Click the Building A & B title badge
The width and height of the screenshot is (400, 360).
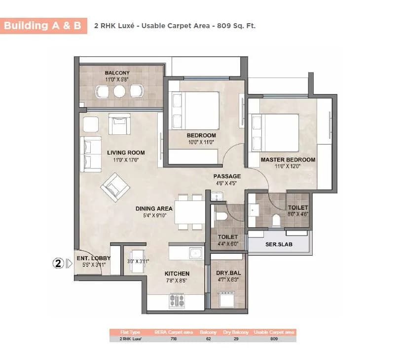(43, 26)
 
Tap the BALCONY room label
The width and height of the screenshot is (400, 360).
(117, 73)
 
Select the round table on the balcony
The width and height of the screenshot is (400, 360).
(119, 91)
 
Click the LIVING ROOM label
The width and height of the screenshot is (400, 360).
(126, 153)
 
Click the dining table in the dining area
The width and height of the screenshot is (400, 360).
(189, 212)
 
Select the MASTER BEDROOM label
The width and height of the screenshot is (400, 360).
(288, 160)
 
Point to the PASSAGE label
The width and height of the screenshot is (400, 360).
(227, 176)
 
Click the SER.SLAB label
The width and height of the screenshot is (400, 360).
(279, 244)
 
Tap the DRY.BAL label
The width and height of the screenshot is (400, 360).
(227, 273)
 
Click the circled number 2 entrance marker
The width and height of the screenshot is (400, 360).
(58, 263)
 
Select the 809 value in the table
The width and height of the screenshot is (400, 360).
(275, 339)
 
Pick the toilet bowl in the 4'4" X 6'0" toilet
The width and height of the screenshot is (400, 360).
(220, 216)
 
